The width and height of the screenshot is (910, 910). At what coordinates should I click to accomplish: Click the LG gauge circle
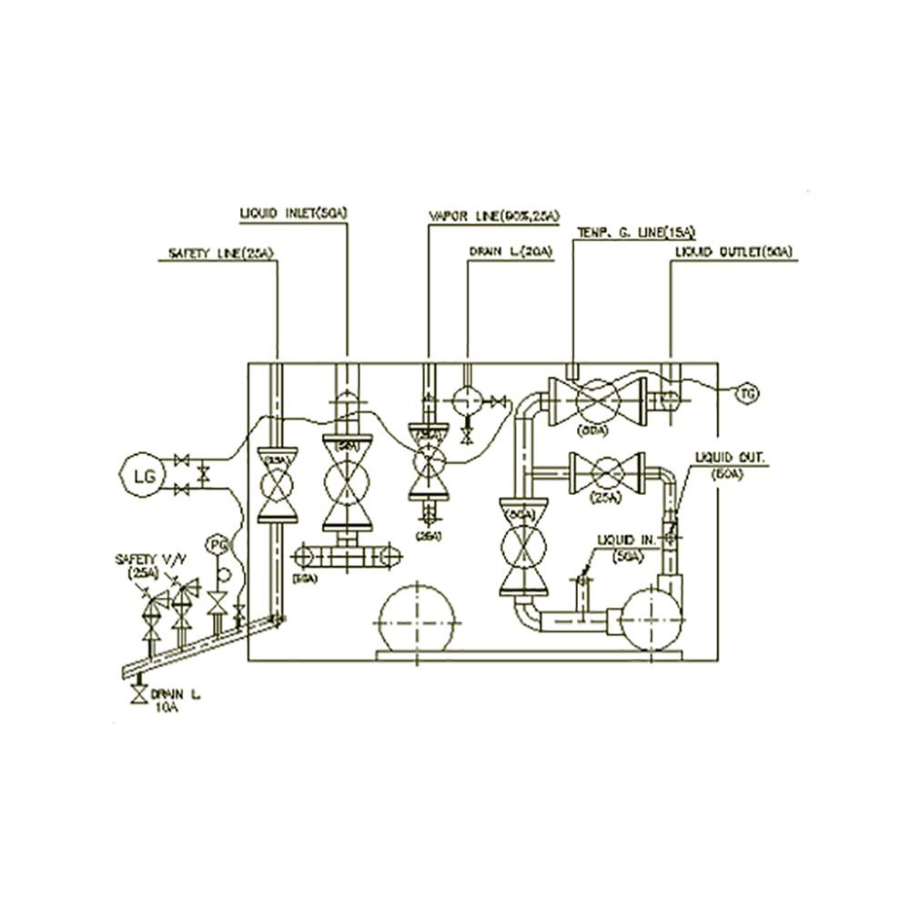(x=144, y=473)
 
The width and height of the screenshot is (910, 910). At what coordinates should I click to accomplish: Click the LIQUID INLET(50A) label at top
(x=294, y=213)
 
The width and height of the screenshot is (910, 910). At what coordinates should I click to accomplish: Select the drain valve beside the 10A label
(x=138, y=695)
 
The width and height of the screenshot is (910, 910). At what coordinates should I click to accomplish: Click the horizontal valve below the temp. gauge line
(x=598, y=397)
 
